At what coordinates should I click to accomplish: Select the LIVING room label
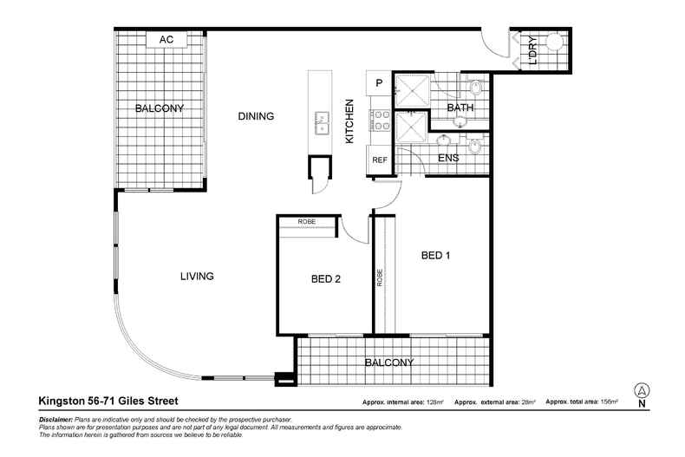point(197,276)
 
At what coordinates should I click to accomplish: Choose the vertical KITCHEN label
point(351,121)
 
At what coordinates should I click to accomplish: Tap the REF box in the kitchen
point(379,160)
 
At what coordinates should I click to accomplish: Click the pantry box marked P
point(379,83)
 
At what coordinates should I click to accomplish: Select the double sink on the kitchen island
point(321,122)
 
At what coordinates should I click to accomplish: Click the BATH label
point(459,108)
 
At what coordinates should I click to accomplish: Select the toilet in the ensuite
point(474,147)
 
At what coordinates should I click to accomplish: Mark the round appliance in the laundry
point(552,42)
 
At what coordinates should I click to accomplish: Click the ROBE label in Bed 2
point(307,222)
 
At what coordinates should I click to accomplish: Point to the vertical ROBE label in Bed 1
point(380,278)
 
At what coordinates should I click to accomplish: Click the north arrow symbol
point(642,391)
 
